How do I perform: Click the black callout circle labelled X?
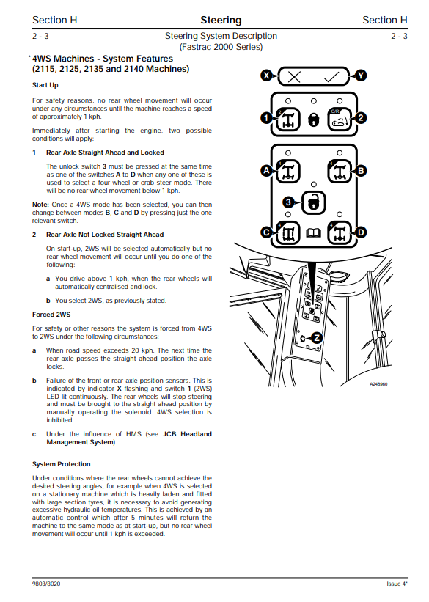(x=266, y=76)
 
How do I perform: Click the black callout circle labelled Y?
(x=361, y=76)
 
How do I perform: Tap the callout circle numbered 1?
(x=266, y=118)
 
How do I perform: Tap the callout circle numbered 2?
(x=361, y=118)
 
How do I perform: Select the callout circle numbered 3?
(x=288, y=202)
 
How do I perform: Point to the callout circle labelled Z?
(x=317, y=338)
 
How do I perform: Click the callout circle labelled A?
(x=266, y=170)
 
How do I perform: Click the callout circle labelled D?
(x=361, y=232)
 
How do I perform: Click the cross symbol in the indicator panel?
(x=294, y=77)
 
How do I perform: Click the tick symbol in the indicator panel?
(x=331, y=76)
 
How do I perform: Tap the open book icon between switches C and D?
(x=313, y=232)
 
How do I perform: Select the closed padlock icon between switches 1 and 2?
(x=314, y=120)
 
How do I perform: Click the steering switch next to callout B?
(x=340, y=171)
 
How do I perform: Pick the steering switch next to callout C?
(x=288, y=232)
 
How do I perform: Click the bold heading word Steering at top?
(x=221, y=21)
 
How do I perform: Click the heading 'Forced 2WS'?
(x=51, y=315)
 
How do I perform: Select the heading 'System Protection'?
(x=62, y=464)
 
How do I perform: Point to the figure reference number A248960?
(x=378, y=384)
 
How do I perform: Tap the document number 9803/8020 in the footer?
(x=46, y=584)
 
